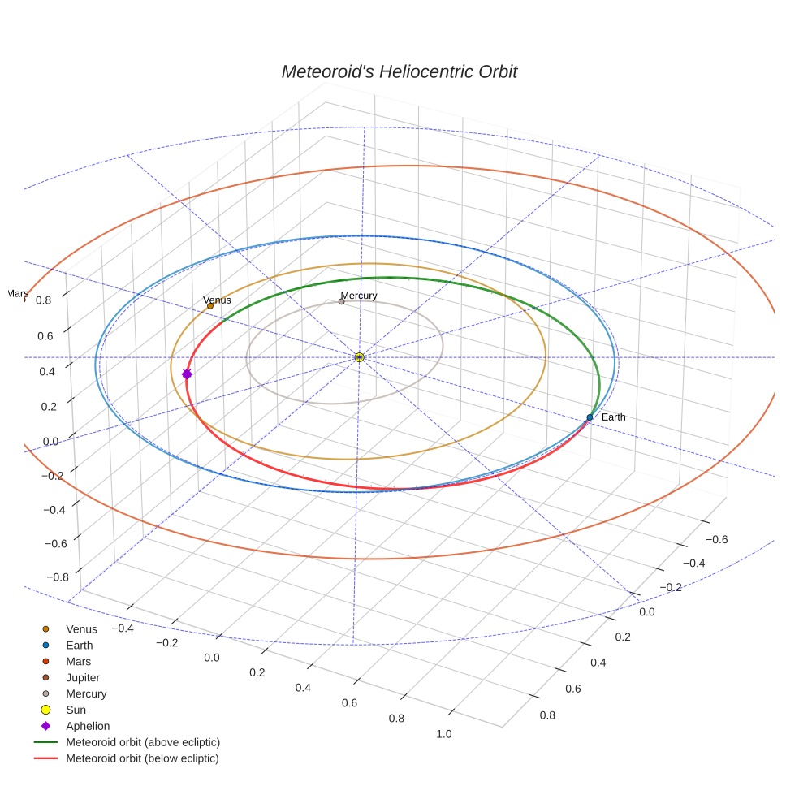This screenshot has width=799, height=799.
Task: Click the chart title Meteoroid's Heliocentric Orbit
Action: pyautogui.click(x=399, y=71)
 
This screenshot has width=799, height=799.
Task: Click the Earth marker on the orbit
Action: pyautogui.click(x=590, y=417)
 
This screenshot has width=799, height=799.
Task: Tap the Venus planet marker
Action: pyautogui.click(x=210, y=306)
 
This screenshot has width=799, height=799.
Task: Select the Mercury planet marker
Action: pyautogui.click(x=341, y=301)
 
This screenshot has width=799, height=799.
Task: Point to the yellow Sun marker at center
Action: pyautogui.click(x=360, y=357)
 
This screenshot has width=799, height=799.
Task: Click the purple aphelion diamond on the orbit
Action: pyautogui.click(x=187, y=374)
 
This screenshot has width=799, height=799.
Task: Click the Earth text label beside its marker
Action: pyautogui.click(x=613, y=417)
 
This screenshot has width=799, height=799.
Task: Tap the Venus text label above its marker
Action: pyautogui.click(x=217, y=300)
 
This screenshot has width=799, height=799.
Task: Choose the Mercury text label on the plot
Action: pyautogui.click(x=359, y=296)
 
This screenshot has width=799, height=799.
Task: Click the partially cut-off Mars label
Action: pyautogui.click(x=18, y=292)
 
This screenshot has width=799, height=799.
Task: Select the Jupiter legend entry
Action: pyautogui.click(x=83, y=677)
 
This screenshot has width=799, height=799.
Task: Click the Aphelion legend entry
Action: pyautogui.click(x=87, y=726)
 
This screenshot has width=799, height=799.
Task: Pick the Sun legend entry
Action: pyautogui.click(x=76, y=710)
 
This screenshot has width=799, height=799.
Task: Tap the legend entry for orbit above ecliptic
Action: pyautogui.click(x=142, y=742)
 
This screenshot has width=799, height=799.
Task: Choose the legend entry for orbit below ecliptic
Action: pyautogui.click(x=142, y=758)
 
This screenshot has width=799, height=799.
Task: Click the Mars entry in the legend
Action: pyautogui.click(x=78, y=661)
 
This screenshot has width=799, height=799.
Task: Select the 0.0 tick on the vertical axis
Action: pyautogui.click(x=50, y=441)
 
